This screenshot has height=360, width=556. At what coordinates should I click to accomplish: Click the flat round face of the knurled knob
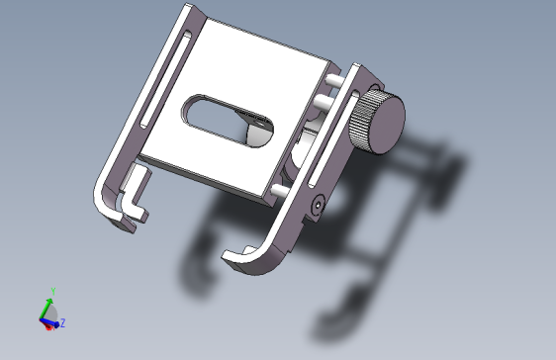[x=388, y=124]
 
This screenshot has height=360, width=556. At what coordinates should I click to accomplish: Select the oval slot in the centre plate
[x=228, y=121]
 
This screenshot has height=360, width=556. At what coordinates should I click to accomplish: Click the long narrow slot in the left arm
[x=165, y=80]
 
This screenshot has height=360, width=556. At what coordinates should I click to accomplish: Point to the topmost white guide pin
[x=334, y=81]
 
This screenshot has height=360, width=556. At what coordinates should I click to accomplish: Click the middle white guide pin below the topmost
[x=324, y=103]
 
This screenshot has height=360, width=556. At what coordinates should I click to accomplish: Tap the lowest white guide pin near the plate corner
[x=281, y=191]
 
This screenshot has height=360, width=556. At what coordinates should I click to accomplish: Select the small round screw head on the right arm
[x=318, y=205]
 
